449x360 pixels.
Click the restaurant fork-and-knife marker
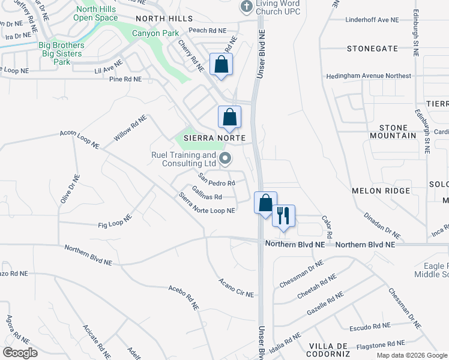[284, 215]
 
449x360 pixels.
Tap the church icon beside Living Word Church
[246, 7]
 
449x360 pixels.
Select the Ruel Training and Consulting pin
[226, 158]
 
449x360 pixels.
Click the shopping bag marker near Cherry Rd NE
[221, 64]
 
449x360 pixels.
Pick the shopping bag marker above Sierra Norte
[229, 116]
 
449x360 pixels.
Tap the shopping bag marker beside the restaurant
[265, 203]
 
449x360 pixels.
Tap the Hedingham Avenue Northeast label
[369, 76]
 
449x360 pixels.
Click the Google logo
[20, 352]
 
